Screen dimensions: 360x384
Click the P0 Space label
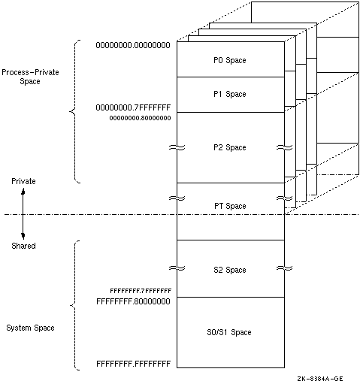point(230,60)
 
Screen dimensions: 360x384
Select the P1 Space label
point(230,94)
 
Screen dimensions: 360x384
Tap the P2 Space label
point(230,147)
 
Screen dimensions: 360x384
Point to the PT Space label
point(230,206)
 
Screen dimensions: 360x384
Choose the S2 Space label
point(230,270)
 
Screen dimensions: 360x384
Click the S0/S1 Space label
point(229,332)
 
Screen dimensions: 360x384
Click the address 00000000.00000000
point(133,45)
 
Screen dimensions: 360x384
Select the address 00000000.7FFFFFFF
point(133,107)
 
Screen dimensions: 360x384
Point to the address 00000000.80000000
point(140,118)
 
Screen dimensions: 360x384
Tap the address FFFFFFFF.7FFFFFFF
point(141,291)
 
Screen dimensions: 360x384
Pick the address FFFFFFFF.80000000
point(133,301)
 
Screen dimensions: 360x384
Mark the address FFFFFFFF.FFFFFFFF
point(133,364)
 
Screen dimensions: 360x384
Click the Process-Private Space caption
point(30,77)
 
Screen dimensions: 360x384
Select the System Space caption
point(30,328)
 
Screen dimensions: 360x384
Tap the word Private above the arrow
point(23,181)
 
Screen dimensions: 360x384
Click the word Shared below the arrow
point(23,246)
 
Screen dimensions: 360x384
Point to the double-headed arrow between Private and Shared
point(23,214)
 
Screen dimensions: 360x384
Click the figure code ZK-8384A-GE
point(320,379)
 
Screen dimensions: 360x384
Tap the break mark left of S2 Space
point(177,268)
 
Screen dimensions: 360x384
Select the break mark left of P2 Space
point(177,147)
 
